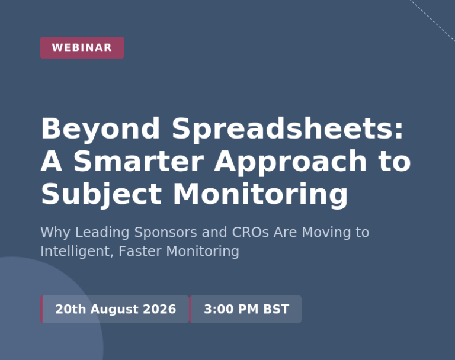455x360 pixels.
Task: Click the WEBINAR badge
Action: (82, 47)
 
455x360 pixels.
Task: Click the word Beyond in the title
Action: (100, 129)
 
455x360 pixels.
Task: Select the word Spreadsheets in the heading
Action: (287, 128)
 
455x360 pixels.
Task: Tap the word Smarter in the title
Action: (139, 161)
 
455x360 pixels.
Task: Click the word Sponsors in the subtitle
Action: (166, 233)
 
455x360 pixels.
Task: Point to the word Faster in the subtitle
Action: (140, 251)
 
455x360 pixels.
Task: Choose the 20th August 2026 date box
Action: (114, 309)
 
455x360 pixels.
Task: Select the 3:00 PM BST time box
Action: (245, 309)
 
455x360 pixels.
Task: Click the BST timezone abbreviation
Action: (276, 309)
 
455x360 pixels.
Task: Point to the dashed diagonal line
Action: (432, 20)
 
